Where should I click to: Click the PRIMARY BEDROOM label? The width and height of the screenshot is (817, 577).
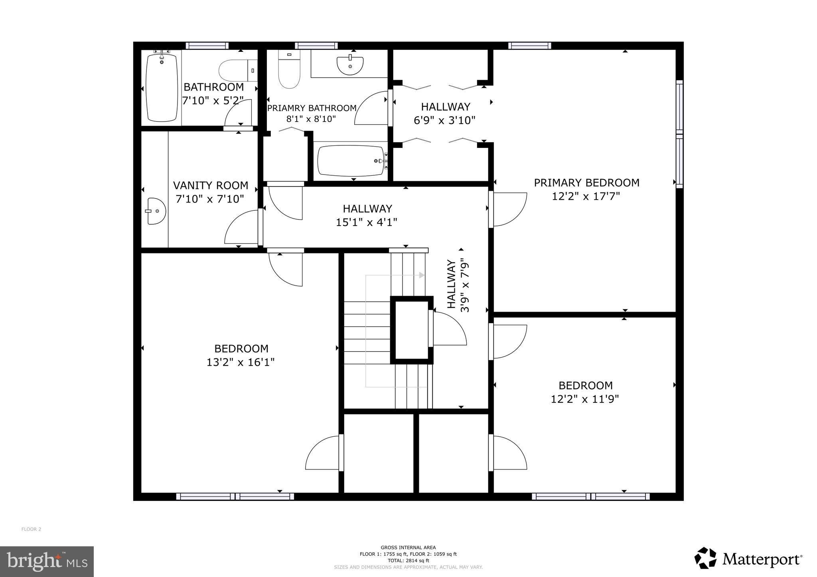tap(586, 183)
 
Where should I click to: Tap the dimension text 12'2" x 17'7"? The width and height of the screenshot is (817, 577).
tap(586, 196)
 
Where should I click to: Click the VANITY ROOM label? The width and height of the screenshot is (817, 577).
tap(210, 186)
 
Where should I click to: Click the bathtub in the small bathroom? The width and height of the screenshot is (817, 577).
tap(162, 88)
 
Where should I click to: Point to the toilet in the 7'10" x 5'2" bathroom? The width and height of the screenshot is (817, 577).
tap(238, 71)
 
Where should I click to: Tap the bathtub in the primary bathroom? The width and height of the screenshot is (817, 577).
tap(351, 161)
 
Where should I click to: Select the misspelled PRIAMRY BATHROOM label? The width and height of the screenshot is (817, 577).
tap(312, 108)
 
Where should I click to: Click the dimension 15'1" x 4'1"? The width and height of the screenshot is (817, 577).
tap(366, 222)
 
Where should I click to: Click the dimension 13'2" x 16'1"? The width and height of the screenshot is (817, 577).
tap(241, 362)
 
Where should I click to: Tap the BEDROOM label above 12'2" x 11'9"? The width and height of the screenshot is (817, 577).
tap(585, 386)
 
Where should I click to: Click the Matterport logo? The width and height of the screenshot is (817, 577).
tap(748, 559)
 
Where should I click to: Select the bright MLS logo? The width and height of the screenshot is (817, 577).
tap(47, 562)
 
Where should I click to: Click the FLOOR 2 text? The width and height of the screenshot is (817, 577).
tap(31, 529)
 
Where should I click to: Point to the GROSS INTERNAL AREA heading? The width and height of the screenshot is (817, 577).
tap(408, 548)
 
